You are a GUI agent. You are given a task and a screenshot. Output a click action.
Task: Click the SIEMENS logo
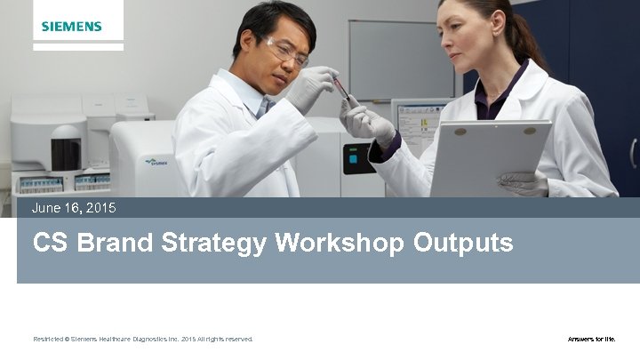72,27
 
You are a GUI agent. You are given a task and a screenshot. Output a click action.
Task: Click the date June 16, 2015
74,208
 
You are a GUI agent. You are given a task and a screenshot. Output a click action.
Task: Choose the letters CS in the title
51,243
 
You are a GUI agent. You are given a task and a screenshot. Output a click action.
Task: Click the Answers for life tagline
591,339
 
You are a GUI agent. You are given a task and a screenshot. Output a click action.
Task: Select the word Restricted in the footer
49,339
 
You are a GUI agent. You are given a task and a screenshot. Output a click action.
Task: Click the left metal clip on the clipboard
460,131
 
